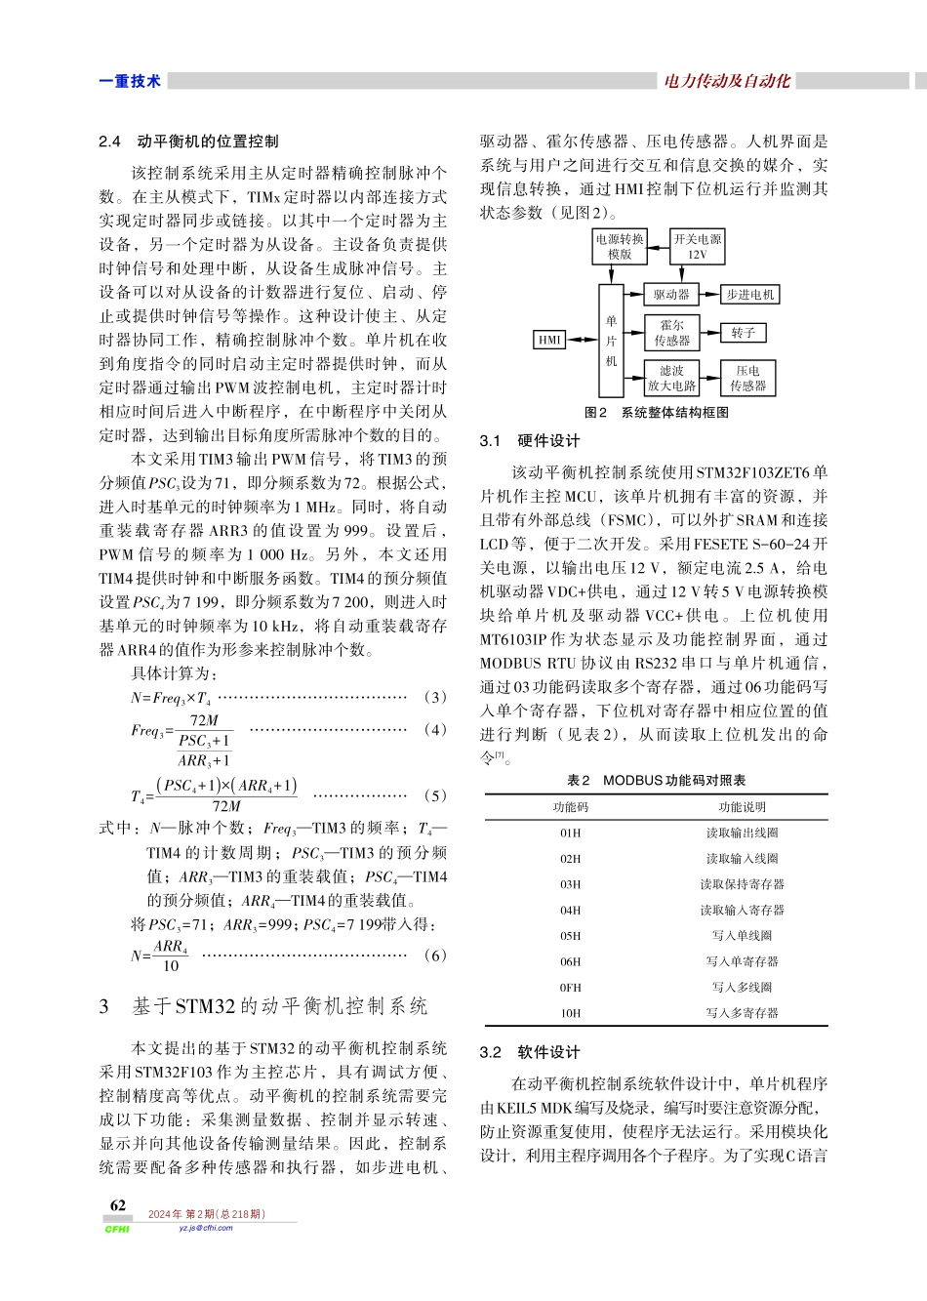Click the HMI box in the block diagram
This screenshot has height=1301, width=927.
coord(550,340)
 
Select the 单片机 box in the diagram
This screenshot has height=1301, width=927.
coord(611,341)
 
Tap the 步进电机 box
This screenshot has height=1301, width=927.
coord(749,294)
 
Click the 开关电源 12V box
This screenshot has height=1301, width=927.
coord(697,246)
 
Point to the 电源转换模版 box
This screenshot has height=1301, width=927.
coord(620,246)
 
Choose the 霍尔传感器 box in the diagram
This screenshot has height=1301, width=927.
coord(671,333)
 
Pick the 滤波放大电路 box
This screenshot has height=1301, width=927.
coord(671,378)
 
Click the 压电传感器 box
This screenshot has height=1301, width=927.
coord(747,378)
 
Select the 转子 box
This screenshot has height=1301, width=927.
coord(743,333)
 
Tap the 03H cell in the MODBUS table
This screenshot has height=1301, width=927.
coord(570,884)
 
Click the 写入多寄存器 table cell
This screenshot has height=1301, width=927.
coord(742,1013)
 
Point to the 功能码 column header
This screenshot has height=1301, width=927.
coord(570,807)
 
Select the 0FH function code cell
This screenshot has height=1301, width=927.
coord(570,988)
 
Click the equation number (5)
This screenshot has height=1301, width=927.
coord(435,795)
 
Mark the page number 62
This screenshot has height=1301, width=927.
coord(118,1205)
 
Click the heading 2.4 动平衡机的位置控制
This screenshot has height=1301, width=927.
coord(188,142)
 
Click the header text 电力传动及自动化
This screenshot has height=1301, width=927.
coord(727,81)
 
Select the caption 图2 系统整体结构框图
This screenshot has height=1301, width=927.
coord(656,413)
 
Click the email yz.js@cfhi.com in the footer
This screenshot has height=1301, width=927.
coord(206,1228)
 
